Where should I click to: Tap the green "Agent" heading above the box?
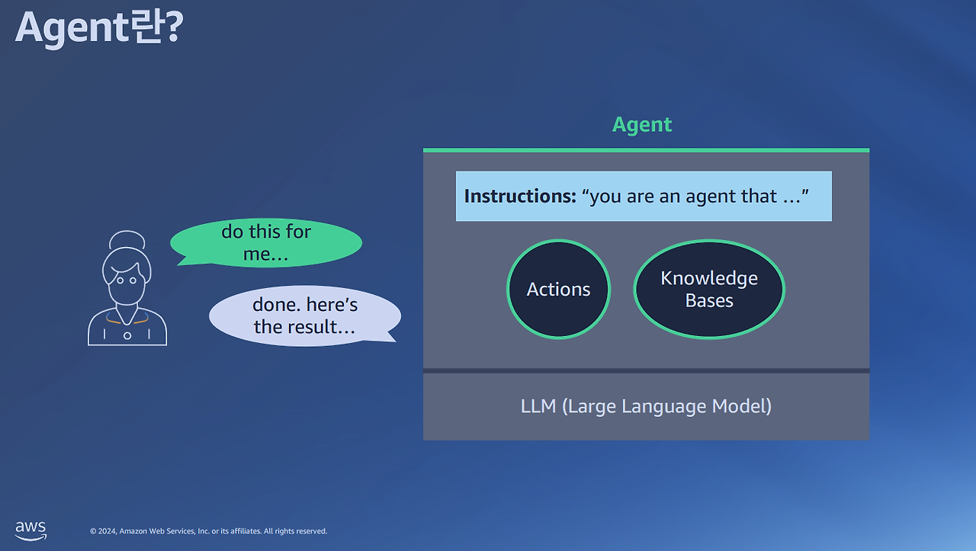point(642,126)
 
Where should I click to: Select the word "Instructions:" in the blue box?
point(520,196)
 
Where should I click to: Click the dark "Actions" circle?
point(559,290)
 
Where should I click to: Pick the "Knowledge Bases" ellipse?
point(709,290)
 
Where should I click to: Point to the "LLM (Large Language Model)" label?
point(646,406)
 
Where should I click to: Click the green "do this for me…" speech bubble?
point(266,242)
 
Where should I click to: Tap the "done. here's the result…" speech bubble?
point(305,316)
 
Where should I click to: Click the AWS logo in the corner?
point(30,530)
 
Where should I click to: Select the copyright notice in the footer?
point(208,531)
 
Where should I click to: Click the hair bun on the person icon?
point(127,239)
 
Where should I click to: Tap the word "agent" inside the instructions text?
point(711,197)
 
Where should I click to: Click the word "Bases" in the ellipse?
point(709,300)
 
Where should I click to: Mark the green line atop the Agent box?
point(646,150)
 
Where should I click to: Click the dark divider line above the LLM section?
point(646,370)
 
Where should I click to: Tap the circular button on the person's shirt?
point(127,336)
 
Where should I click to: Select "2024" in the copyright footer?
point(108,531)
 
